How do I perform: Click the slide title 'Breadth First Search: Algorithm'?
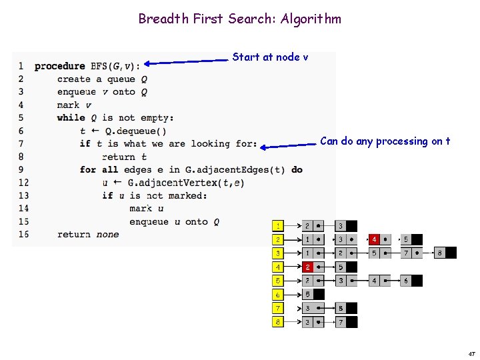tap(239, 19)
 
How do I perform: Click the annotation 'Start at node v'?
tap(270, 57)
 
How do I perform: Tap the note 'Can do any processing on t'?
tap(385, 141)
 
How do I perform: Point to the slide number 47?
tap(471, 353)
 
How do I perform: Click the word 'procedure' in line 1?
tap(59, 66)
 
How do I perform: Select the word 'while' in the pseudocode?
tap(71, 118)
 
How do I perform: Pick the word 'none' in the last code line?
tap(107, 235)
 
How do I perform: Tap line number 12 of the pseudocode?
tap(23, 183)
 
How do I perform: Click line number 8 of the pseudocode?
tap(21, 157)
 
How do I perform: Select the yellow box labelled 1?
tap(278, 226)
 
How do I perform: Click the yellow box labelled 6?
tap(278, 295)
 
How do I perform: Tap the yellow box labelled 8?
tap(278, 322)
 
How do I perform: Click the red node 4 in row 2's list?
tap(375, 239)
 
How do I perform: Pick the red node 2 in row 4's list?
tap(307, 267)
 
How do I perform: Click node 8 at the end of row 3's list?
tap(440, 253)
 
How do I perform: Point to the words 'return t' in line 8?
tap(124, 157)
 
